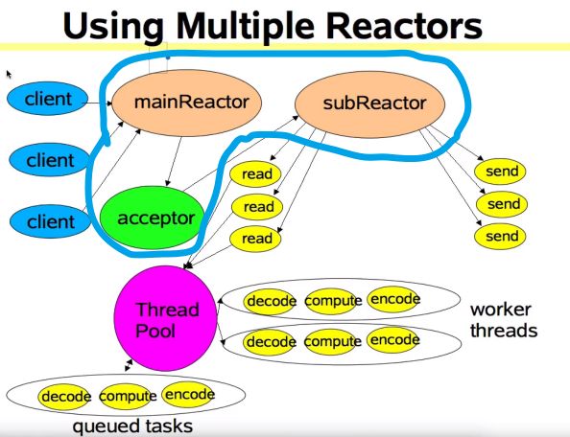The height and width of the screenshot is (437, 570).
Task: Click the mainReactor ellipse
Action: [186, 103]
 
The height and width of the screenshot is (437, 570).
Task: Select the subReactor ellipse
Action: [369, 104]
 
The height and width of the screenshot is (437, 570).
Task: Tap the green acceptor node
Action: [151, 218]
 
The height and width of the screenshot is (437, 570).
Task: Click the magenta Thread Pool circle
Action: [166, 318]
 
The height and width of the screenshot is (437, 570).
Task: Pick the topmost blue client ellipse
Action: [48, 99]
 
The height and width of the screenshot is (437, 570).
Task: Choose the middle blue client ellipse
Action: [49, 160]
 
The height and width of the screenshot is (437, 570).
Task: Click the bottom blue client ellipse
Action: [50, 221]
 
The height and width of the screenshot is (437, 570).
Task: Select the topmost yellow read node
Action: [255, 174]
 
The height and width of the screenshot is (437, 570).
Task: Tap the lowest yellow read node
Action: [255, 238]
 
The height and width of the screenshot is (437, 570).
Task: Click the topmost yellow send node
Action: [500, 172]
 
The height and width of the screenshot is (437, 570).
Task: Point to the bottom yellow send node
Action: [500, 237]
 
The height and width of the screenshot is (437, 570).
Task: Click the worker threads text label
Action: [504, 320]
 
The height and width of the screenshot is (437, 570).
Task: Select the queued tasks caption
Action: [132, 426]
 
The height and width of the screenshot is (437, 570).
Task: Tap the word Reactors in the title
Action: [404, 26]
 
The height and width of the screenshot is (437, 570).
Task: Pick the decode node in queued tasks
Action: [64, 397]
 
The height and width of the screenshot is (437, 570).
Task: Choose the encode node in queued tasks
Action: [188, 395]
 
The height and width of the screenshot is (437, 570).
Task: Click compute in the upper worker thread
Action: [331, 301]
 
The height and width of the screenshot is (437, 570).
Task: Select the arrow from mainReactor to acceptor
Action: [174, 162]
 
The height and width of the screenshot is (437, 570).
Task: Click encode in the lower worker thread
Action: [393, 340]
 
